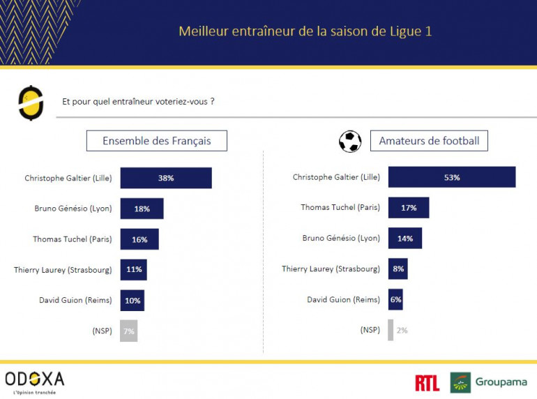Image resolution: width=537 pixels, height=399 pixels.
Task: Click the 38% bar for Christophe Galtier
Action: pos(165,178)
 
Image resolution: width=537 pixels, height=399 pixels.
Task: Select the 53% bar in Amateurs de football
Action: pos(451,177)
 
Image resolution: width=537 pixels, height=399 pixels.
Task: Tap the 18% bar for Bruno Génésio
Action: pos(142,209)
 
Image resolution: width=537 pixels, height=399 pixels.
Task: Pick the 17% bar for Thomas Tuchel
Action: pos(408,208)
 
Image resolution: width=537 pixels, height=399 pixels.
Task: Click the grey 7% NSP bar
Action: pos(128,331)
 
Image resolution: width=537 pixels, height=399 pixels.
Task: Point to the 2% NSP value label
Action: pos(402,330)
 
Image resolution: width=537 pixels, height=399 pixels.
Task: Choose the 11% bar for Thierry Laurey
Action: pos(133,269)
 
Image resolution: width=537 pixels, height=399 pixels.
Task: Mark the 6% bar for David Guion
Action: pos(395,299)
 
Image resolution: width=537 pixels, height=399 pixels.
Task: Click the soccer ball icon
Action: pos(350,142)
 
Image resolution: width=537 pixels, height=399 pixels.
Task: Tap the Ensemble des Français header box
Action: pos(156,141)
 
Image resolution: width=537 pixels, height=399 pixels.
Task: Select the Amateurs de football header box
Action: pos(429,141)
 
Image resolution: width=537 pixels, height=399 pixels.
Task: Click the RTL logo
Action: pos(427,382)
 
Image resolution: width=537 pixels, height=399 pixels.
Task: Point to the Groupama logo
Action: pos(488,382)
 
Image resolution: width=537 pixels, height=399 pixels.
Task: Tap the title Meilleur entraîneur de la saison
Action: pos(310,31)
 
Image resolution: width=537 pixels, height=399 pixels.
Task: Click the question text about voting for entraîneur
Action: pos(138,101)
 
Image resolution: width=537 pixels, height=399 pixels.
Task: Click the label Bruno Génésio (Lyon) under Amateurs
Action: pos(341,239)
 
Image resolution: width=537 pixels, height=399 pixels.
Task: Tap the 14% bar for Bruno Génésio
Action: pos(404,239)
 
